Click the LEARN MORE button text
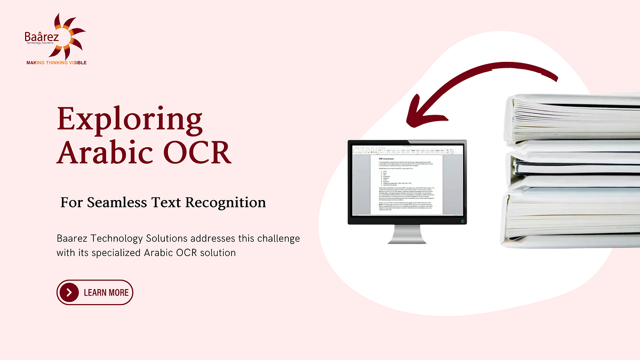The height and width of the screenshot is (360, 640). click(106, 292)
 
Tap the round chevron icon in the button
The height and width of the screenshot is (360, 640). click(69, 292)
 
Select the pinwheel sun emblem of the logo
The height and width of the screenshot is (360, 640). click(67, 33)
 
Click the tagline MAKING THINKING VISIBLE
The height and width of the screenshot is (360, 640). click(57, 62)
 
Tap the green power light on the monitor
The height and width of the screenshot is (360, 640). click(462, 220)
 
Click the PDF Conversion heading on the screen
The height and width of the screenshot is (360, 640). click(386, 158)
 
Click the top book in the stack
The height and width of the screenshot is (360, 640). click(573, 120)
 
